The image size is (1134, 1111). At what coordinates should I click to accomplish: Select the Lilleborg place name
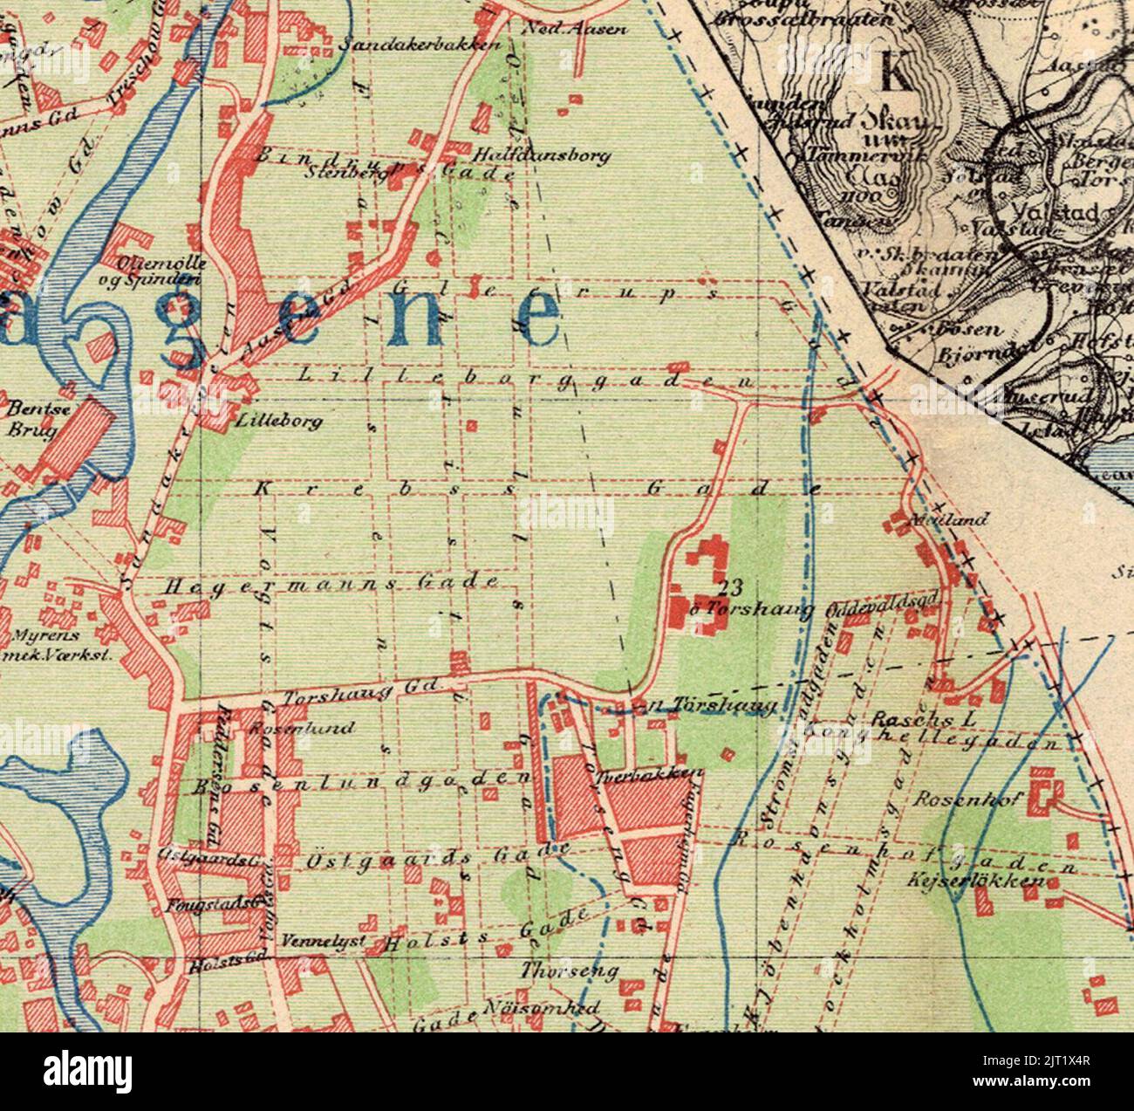tap(278, 422)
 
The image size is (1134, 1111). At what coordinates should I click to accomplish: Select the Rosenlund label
tap(301, 727)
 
